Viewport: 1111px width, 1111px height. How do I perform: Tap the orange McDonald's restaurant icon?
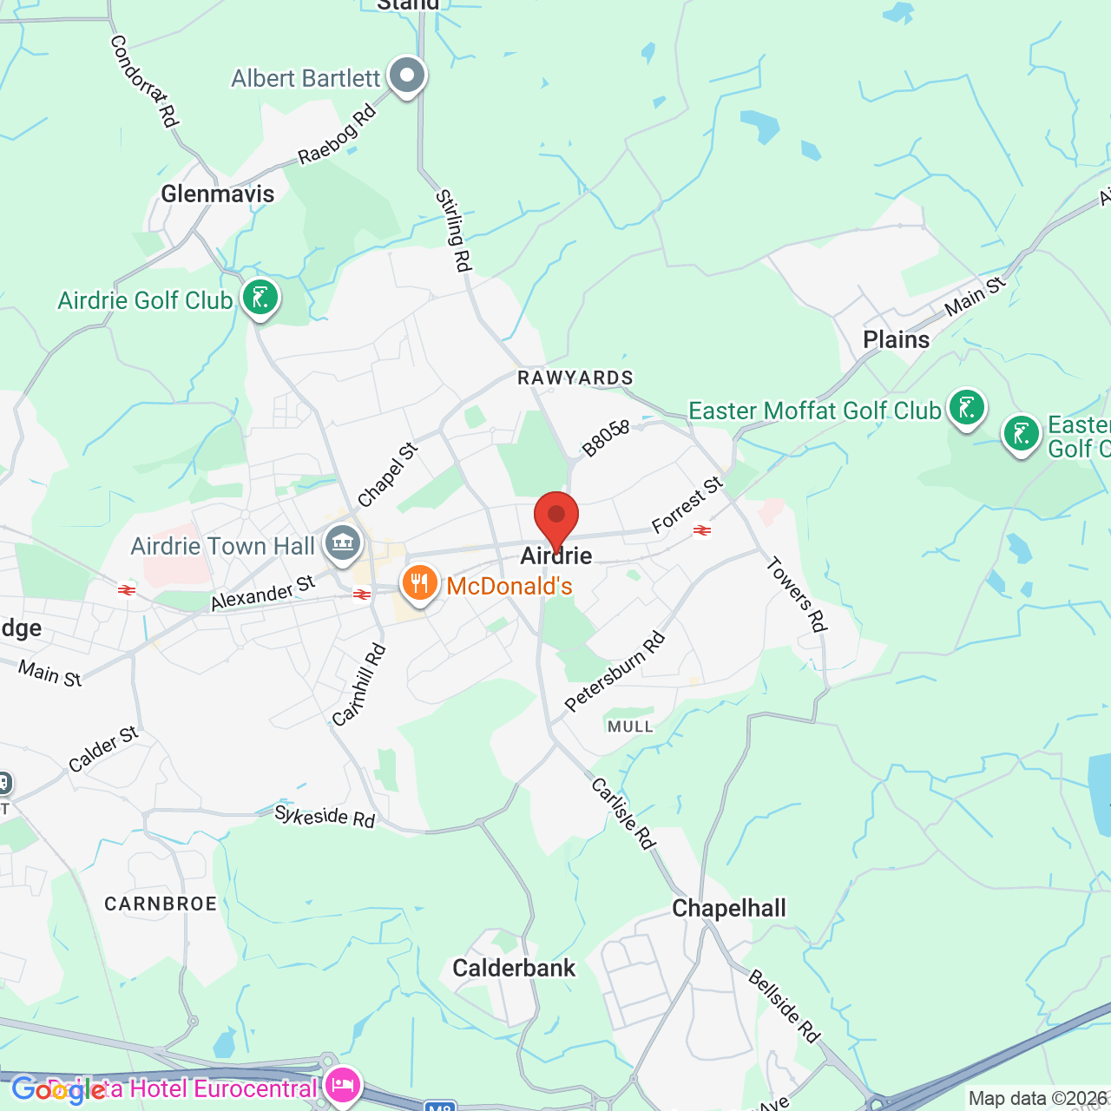419,583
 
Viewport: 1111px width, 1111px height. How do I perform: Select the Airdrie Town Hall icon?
343,544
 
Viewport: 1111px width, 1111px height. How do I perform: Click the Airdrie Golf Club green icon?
260,298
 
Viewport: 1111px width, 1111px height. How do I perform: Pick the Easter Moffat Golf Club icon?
966,407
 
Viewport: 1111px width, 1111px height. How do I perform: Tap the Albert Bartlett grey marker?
406,76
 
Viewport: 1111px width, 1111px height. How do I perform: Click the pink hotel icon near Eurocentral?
343,1085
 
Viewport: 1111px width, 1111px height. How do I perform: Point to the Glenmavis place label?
218,194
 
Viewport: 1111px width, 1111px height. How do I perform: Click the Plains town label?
896,339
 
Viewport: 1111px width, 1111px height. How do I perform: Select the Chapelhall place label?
729,908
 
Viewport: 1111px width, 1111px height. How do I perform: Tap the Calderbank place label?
514,968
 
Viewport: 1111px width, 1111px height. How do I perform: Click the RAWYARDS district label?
575,378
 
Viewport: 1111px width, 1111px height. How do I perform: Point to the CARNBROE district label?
161,904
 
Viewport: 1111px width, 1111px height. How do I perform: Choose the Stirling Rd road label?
453,231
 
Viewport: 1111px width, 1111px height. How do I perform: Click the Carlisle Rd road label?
623,813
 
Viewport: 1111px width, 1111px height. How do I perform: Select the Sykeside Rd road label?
325,816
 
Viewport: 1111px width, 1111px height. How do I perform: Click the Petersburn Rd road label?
615,672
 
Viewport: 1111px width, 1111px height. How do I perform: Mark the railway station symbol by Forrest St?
702,529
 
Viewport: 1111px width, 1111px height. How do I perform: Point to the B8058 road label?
606,438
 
